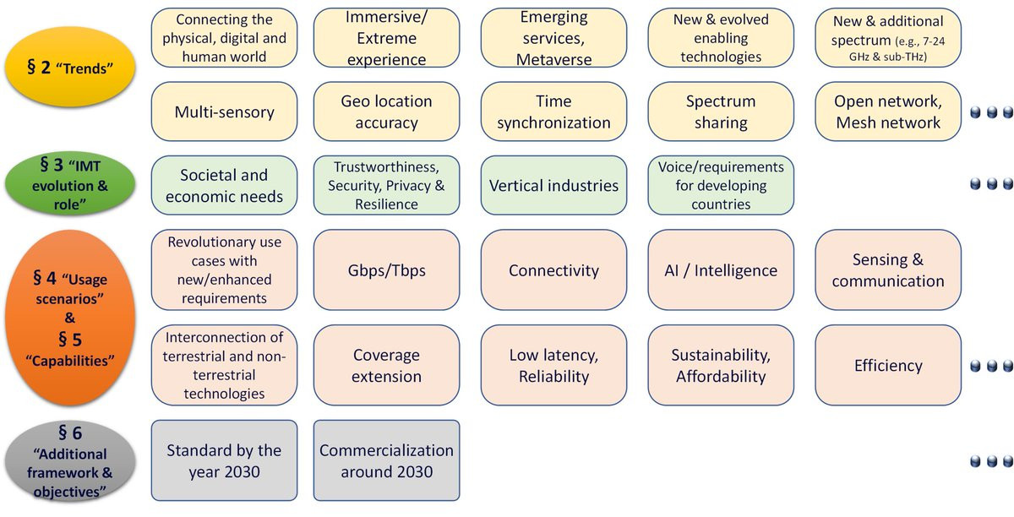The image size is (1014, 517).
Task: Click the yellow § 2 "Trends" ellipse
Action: (70, 67)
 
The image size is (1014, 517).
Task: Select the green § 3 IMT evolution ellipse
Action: (70, 184)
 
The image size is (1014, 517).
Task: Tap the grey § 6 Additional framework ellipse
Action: (70, 461)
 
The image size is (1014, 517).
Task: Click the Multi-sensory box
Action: (224, 112)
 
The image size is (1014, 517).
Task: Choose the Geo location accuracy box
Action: (387, 112)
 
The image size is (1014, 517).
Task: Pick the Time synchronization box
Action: (553, 112)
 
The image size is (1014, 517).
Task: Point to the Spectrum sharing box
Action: (721, 112)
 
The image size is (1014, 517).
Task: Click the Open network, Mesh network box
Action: (888, 112)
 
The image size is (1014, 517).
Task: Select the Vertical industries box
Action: (553, 185)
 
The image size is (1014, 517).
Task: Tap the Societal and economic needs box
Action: (224, 185)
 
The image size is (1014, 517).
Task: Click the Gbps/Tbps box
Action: (387, 269)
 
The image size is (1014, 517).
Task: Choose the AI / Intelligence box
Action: (721, 269)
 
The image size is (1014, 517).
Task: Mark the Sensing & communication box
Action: (888, 269)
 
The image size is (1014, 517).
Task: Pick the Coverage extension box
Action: (387, 365)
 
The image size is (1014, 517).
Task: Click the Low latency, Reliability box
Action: (553, 365)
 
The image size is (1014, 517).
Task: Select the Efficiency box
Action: (888, 365)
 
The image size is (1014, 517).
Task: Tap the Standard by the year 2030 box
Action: (224, 460)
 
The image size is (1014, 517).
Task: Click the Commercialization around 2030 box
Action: (387, 460)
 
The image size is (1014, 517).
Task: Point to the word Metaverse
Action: (553, 59)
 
